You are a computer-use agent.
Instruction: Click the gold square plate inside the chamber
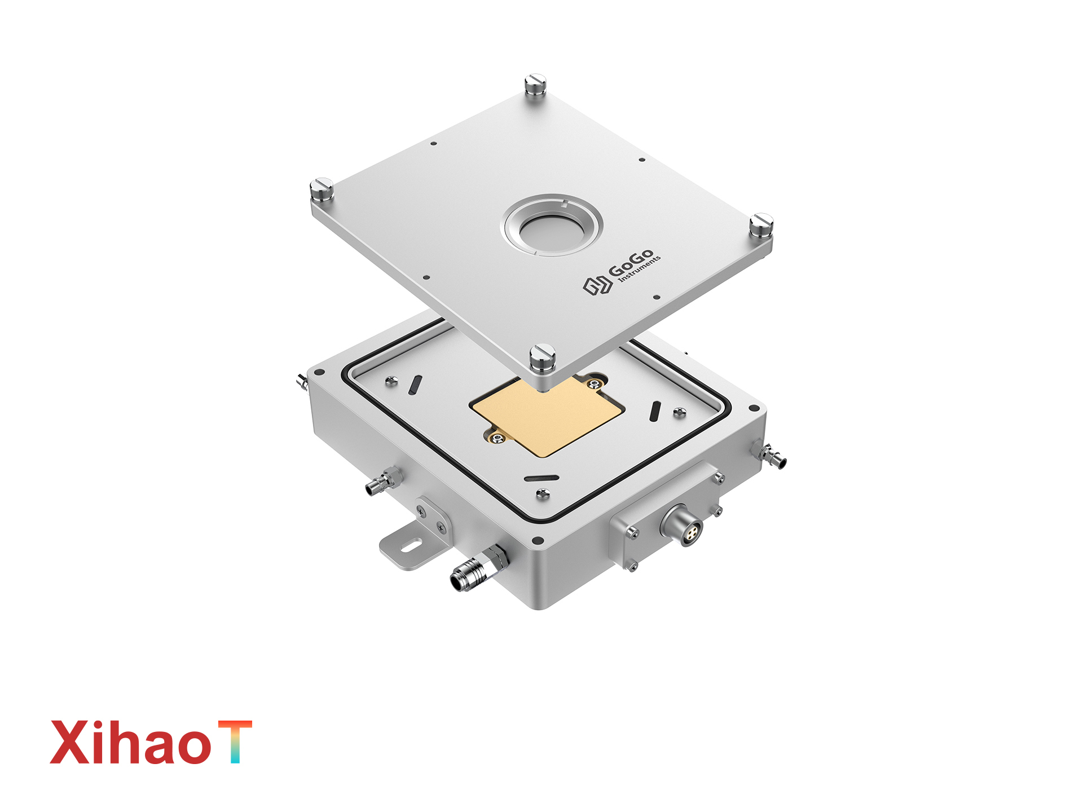[547, 416]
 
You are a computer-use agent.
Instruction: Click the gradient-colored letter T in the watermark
[235, 741]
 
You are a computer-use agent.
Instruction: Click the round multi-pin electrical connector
[683, 526]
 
